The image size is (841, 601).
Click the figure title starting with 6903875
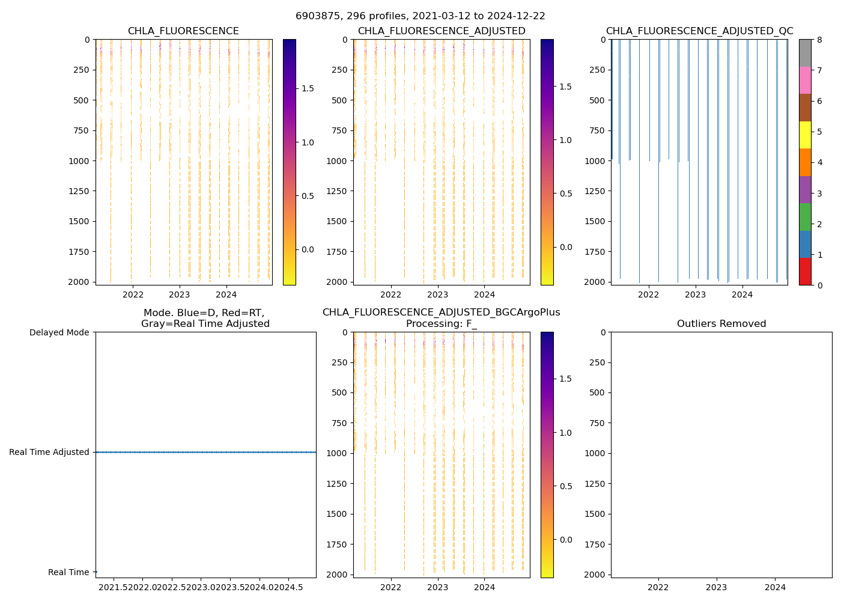pyautogui.click(x=420, y=16)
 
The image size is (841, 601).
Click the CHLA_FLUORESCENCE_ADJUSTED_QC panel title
pyautogui.click(x=699, y=31)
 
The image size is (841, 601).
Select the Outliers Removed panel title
pyautogui.click(x=721, y=324)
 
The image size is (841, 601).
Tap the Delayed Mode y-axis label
pyautogui.click(x=59, y=332)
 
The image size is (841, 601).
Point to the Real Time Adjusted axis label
pyautogui.click(x=49, y=452)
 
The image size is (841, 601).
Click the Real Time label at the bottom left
pyautogui.click(x=68, y=572)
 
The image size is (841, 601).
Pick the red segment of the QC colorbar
pyautogui.click(x=805, y=271)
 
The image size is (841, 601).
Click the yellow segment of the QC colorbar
pyautogui.click(x=805, y=135)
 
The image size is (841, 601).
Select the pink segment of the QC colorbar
pyautogui.click(x=805, y=80)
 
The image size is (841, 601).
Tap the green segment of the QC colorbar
pyautogui.click(x=805, y=216)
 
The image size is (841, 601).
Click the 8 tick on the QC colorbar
pyautogui.click(x=819, y=40)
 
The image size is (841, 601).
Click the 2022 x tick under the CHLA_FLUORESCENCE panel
pyautogui.click(x=133, y=294)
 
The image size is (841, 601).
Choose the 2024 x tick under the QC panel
pyautogui.click(x=742, y=294)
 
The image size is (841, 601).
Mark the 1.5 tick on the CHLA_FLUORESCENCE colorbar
pyautogui.click(x=307, y=88)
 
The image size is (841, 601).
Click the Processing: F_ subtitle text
pyautogui.click(x=441, y=324)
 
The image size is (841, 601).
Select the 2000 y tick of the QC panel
pyautogui.click(x=594, y=282)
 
